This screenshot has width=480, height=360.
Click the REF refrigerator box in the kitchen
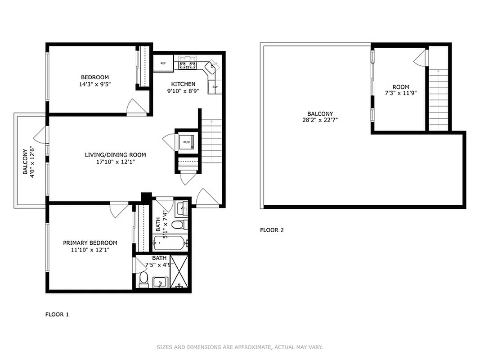pyautogui.click(x=163, y=63)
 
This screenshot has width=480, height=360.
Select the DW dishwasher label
pyautogui.click(x=215, y=87)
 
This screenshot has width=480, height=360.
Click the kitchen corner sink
pyautogui.click(x=210, y=68)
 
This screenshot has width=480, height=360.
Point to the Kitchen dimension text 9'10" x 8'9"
pyautogui.click(x=183, y=91)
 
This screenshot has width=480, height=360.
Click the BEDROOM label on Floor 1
pyautogui.click(x=94, y=77)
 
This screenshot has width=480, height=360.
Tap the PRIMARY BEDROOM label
pyautogui.click(x=90, y=243)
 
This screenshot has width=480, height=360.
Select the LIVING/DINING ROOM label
pyautogui.click(x=115, y=155)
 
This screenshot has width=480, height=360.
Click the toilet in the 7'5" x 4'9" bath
pyautogui.click(x=144, y=279)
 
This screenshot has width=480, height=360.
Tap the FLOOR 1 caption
pyautogui.click(x=57, y=315)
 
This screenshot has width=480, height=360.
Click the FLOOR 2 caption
pyautogui.click(x=272, y=230)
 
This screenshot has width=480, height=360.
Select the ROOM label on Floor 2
pyautogui.click(x=400, y=87)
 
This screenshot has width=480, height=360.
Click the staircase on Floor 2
pyautogui.click(x=438, y=99)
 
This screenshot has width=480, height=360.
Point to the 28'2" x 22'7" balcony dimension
pyautogui.click(x=320, y=120)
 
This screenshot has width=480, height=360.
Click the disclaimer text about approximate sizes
pyautogui.click(x=240, y=347)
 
